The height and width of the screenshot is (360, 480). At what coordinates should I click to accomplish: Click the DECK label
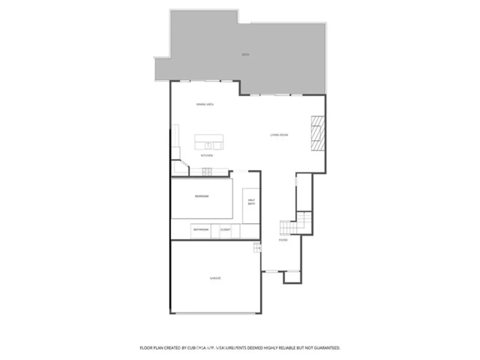click(245, 54)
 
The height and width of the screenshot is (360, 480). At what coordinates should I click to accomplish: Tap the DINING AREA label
click(205, 104)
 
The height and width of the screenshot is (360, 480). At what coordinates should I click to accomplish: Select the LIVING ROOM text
click(279, 135)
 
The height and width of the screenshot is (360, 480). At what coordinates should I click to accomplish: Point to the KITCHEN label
click(207, 155)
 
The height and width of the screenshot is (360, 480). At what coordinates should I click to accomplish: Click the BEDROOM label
click(202, 196)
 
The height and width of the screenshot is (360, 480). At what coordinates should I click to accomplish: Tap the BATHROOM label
click(201, 230)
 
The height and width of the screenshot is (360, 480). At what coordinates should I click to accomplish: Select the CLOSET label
click(225, 230)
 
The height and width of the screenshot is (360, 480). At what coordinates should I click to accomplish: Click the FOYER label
click(283, 240)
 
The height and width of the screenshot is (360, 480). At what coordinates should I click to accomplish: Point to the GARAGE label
click(215, 278)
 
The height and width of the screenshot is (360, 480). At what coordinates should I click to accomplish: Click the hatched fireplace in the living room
click(317, 133)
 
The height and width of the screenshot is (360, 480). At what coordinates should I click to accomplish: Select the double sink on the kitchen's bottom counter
click(207, 172)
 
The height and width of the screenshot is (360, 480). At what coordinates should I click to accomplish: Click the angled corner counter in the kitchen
click(180, 168)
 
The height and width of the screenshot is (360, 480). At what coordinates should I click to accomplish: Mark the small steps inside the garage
click(257, 247)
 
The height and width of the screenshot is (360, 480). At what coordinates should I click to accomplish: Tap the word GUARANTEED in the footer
click(324, 348)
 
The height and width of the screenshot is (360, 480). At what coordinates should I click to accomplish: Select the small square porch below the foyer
click(292, 277)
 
